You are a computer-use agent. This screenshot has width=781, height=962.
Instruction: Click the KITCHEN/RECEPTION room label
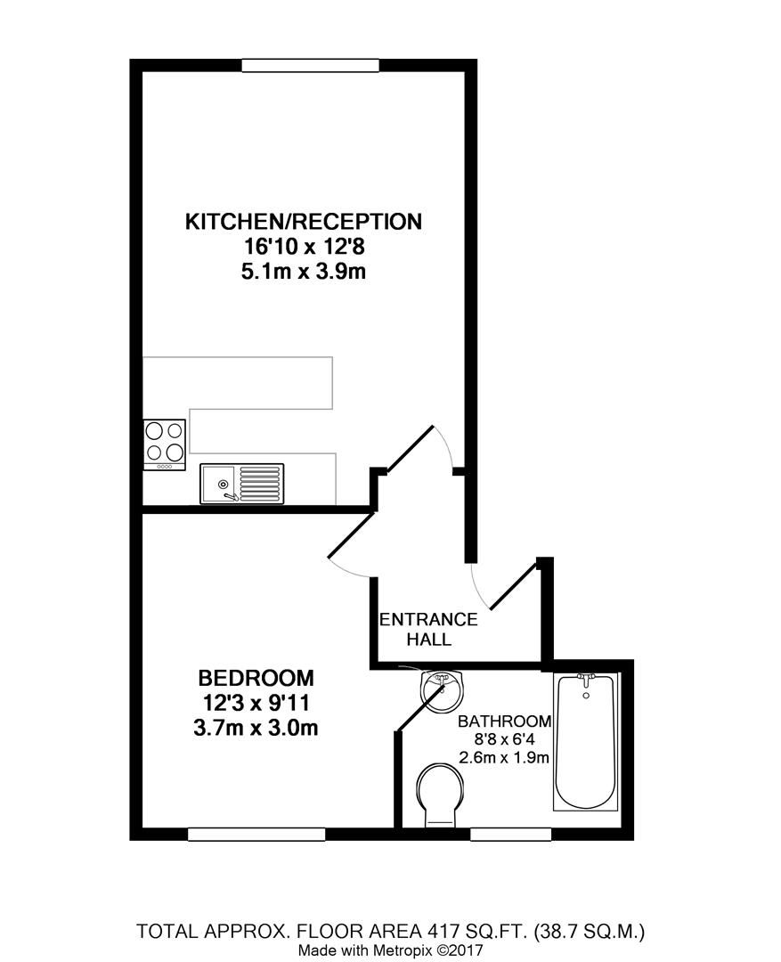pos(302,221)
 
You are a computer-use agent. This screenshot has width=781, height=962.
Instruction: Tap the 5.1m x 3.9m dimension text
pos(303,271)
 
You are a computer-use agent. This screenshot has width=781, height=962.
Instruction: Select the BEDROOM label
pos(256,677)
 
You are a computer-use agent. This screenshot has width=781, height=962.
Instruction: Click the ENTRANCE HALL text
pos(428,629)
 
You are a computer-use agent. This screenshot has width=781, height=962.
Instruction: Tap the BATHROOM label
pos(504,721)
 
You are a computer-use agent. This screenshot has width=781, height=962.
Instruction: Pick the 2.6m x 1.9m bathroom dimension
pos(504,758)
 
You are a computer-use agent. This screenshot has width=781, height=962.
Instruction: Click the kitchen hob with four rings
pos(165,444)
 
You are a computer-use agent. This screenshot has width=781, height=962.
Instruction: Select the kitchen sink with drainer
pos(241,484)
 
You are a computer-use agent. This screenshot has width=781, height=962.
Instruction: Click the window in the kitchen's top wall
pos(310,65)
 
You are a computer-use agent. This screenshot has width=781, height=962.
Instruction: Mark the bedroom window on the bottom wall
pos(256,835)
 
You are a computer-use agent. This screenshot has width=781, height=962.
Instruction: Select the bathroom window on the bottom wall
pos(509,835)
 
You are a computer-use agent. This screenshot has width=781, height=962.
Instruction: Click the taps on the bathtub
pos(585,679)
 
